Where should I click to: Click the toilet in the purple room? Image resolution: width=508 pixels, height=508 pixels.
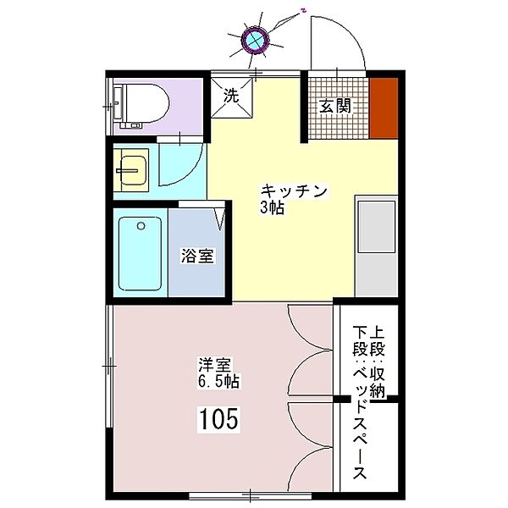coord(141,106)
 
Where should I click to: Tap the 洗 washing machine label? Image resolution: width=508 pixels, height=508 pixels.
coord(231,96)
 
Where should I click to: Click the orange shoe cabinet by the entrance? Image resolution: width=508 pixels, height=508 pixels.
coord(384,108)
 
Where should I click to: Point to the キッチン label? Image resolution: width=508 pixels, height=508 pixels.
coord(294,191)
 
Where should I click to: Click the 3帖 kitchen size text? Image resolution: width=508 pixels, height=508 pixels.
coord(272,208)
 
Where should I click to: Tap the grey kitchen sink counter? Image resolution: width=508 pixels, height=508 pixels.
coord(376,246)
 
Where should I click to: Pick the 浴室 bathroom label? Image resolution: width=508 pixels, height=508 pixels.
coord(197,256)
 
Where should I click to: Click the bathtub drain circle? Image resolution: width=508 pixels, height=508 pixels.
coord(141,226)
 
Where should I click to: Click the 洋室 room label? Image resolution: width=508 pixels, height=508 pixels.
coord(214,366)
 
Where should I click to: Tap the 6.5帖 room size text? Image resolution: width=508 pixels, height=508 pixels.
coord(219,382)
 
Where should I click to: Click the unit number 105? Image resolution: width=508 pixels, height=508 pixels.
coord(219,418)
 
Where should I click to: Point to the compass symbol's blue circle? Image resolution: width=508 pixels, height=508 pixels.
coord(256,40)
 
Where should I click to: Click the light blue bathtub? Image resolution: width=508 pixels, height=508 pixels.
coord(140,253)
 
